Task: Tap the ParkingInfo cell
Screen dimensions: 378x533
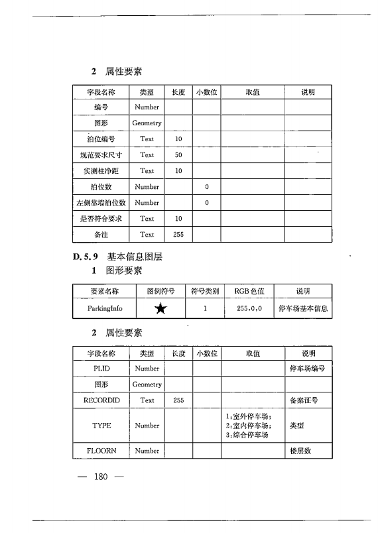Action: (103, 308)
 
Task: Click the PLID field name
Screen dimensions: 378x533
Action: (101, 368)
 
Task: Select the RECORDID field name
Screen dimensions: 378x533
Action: (101, 400)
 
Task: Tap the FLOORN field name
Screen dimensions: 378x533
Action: (101, 451)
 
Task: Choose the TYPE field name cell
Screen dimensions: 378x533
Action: (101, 426)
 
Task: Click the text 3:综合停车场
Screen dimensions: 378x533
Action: (247, 435)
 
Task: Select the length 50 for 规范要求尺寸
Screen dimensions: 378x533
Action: (178, 154)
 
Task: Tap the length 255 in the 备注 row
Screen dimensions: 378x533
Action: (178, 234)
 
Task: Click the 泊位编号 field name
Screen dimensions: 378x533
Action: (101, 139)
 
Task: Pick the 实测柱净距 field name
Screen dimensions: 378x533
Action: (101, 170)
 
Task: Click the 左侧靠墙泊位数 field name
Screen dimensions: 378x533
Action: (101, 202)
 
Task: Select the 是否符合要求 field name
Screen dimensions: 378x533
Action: (101, 218)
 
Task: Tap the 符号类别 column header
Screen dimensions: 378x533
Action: (205, 291)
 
